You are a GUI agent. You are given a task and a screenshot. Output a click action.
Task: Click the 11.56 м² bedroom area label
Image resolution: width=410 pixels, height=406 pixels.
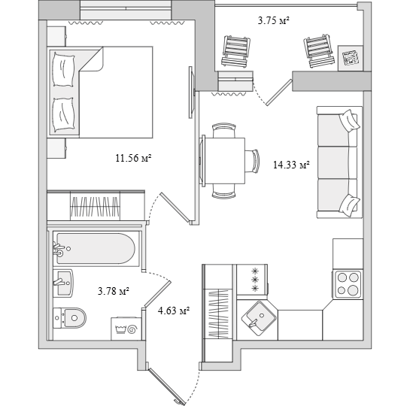tap(134, 158)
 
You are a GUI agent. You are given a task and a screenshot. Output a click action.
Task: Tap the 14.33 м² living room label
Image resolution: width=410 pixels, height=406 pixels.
tap(291, 165)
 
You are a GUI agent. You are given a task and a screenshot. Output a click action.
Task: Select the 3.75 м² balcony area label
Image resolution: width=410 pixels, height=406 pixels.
tap(273, 20)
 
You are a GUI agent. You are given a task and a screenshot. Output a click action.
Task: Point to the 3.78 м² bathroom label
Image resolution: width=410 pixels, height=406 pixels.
tap(114, 291)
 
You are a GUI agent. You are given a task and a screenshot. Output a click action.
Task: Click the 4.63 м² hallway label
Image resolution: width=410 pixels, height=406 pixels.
tap(174, 311)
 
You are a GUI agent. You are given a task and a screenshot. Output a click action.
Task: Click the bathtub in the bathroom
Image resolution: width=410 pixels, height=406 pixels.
tap(96, 248)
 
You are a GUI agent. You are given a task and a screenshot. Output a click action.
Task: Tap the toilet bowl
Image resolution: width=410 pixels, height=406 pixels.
tap(70, 318)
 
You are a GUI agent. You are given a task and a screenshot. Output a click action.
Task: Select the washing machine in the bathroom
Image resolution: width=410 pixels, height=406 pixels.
tap(126, 329)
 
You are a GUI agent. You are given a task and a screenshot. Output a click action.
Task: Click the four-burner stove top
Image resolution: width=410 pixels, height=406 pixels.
tap(348, 284)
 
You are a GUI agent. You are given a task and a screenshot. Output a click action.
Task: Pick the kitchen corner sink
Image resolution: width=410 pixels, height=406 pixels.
tap(259, 316)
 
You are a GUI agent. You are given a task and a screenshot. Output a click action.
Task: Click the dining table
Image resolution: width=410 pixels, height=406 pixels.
tap(225, 161)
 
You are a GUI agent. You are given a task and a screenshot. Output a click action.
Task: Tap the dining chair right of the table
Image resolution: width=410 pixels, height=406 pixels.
tap(252, 161)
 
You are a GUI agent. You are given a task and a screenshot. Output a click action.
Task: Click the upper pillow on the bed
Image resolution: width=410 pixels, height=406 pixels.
tap(63, 70)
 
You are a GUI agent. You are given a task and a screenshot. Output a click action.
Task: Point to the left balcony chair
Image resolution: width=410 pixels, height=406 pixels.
tap(236, 51)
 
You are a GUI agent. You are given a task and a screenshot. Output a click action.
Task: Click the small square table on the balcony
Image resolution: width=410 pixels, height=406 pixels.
tap(351, 58)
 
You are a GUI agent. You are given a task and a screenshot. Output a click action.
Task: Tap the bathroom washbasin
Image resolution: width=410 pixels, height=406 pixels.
tap(63, 283)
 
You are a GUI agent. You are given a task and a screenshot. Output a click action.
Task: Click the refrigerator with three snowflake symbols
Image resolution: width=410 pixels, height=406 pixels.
tap(252, 280)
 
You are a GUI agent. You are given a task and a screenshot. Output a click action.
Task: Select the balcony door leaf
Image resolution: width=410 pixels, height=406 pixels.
tap(279, 92)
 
